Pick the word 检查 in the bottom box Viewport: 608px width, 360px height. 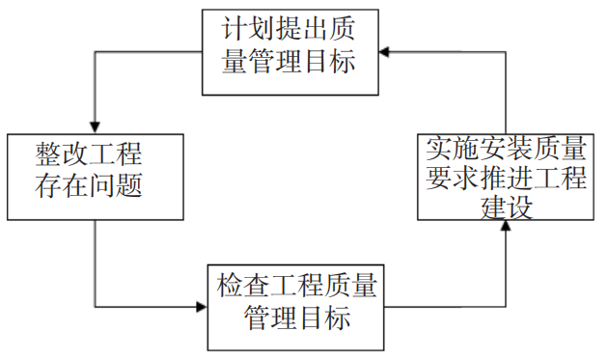pos(241,287)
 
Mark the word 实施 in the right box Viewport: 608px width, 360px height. pos(449,150)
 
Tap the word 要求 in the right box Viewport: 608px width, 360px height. pos(449,179)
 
